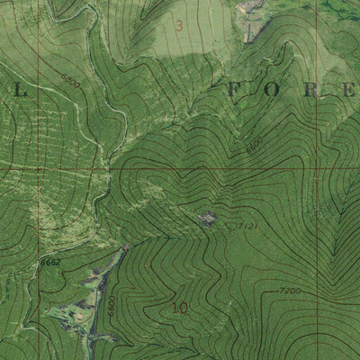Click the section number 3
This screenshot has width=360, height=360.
178,25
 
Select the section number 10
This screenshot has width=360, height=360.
180,308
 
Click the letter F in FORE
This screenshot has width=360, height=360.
237,88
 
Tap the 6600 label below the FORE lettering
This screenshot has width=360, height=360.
255,143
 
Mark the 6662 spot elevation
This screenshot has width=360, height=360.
49,259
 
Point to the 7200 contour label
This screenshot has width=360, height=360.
290,292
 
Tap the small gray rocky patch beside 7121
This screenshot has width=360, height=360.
208,217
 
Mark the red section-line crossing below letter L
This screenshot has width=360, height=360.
39,167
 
